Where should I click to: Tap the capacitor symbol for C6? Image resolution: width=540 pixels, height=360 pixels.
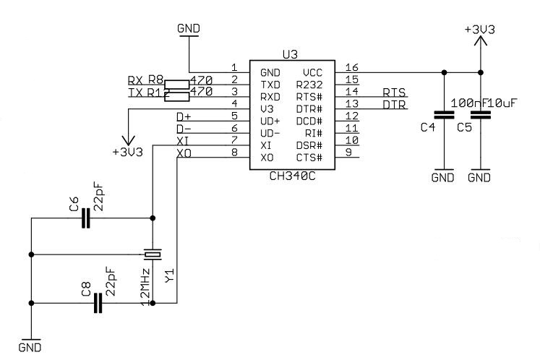tap(86, 218)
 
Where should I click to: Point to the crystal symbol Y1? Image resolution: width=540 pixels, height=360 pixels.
tap(153, 254)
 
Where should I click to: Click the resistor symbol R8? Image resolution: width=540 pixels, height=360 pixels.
tap(178, 84)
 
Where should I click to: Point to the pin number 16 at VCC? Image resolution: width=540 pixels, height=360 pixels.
tap(352, 67)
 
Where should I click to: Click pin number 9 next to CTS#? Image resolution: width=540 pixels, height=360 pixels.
tap(349, 152)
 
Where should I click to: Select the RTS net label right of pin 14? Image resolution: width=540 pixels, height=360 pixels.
tap(394, 93)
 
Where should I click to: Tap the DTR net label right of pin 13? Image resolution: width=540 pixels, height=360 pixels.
tap(394, 105)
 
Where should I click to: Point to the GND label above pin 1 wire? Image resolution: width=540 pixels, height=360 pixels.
tap(189, 28)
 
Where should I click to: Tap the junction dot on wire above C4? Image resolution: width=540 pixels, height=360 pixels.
tap(443, 72)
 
